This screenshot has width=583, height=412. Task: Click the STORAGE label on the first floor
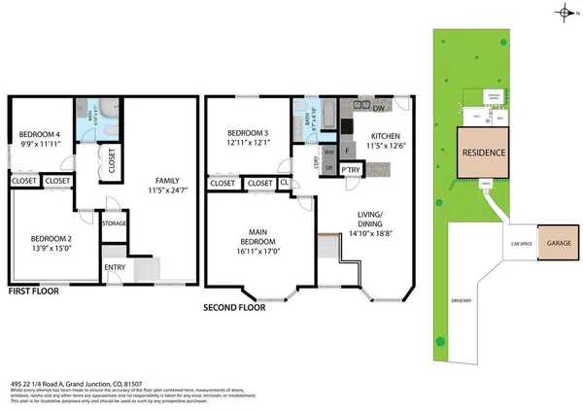pyautogui.click(x=115, y=223)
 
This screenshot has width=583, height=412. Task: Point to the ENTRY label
pyautogui.click(x=115, y=267)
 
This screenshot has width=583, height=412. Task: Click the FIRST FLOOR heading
pyautogui.click(x=34, y=291)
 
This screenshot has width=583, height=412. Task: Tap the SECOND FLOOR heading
pyautogui.click(x=234, y=307)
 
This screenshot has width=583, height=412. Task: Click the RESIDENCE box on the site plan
pyautogui.click(x=482, y=154)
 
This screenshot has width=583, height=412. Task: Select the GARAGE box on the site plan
pyautogui.click(x=558, y=244)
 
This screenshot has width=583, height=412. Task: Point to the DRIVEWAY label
pyautogui.click(x=461, y=301)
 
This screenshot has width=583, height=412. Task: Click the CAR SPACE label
pyautogui.click(x=520, y=244)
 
